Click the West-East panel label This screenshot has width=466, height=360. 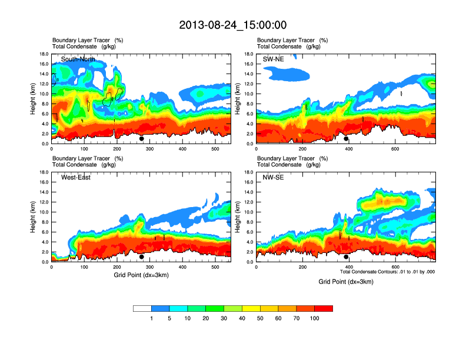point(76,178)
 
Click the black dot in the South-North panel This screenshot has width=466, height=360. point(141,139)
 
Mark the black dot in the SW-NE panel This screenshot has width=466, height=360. point(346,139)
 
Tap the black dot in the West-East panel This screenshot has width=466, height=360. point(141,257)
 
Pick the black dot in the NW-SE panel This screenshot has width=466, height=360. point(346,257)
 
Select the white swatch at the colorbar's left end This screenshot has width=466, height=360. point(142,308)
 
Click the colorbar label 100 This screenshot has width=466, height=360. point(315,318)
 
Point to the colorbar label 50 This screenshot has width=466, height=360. point(260,318)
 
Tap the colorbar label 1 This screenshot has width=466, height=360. point(151,318)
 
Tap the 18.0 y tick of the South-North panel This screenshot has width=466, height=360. point(44,54)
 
